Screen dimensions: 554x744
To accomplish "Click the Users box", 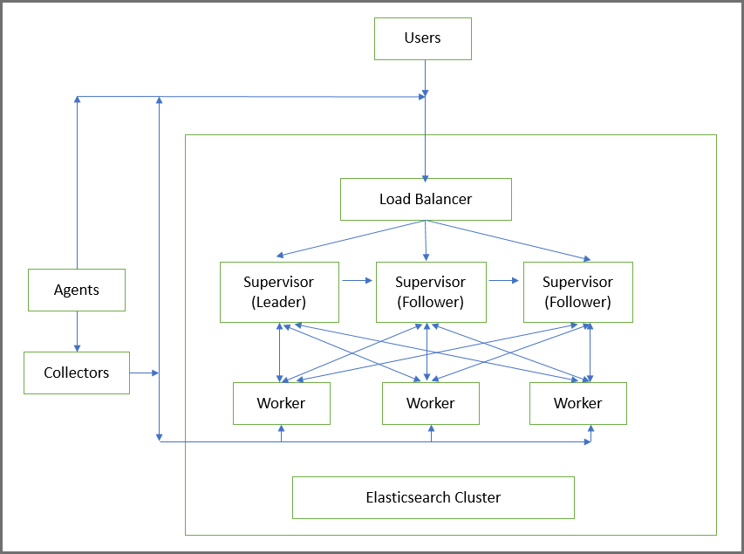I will click(x=423, y=38).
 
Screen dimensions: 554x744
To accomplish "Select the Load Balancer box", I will click(x=425, y=199).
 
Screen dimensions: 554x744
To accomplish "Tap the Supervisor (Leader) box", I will click(x=278, y=292).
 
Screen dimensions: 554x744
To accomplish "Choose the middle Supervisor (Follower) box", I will click(x=430, y=292).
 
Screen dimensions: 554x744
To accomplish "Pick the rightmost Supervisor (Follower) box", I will click(x=577, y=292).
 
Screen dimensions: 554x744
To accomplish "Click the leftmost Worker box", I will click(x=281, y=403).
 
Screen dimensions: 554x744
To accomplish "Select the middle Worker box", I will click(x=430, y=403).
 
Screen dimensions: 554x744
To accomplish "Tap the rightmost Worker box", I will click(x=577, y=403).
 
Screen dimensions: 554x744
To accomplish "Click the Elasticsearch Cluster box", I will click(x=433, y=497).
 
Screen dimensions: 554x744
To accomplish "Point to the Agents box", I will click(x=77, y=290).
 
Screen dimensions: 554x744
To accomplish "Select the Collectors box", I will click(x=77, y=373).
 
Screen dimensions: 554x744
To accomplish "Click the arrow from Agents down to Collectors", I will click(x=78, y=332).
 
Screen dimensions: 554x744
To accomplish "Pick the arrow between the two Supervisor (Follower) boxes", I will click(x=503, y=281).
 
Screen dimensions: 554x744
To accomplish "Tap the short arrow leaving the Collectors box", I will click(x=144, y=373).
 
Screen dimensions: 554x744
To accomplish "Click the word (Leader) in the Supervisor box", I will click(x=278, y=302).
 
